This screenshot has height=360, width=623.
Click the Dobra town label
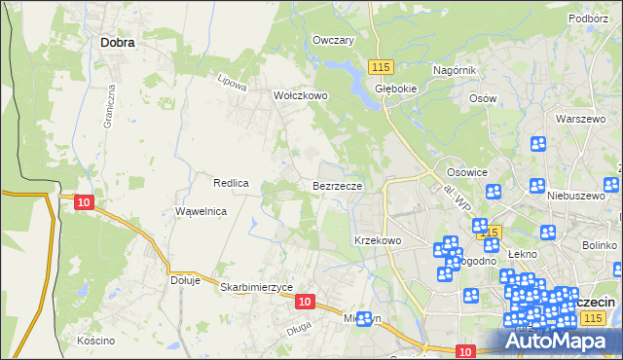117,43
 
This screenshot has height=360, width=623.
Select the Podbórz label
588,18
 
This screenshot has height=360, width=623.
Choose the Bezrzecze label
338,185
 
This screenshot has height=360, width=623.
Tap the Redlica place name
232,182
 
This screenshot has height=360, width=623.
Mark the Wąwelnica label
201,210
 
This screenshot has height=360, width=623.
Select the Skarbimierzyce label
257,287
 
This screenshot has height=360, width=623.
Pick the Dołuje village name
185,280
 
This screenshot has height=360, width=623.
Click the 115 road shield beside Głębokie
381,65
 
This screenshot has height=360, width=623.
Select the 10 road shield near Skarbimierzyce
305,303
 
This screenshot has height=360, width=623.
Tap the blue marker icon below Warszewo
538,144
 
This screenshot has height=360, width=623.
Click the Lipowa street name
230,82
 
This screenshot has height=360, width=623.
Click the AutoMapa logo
561,341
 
